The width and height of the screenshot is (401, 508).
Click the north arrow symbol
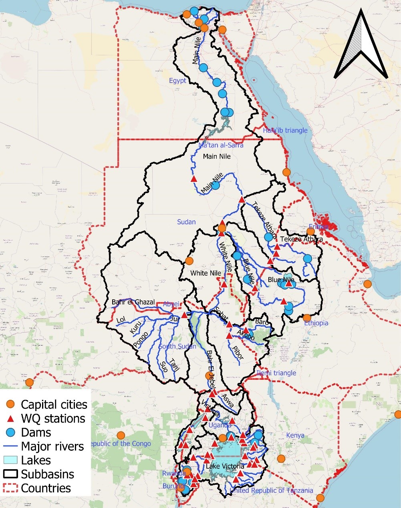tap(361, 46)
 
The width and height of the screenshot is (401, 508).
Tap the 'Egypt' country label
tap(177, 81)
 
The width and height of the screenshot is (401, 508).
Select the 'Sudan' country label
tap(186, 222)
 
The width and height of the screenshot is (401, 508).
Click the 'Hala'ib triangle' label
tap(285, 130)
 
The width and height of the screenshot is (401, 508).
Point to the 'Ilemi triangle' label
tap(276, 373)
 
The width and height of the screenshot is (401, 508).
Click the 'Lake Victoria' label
tap(225, 466)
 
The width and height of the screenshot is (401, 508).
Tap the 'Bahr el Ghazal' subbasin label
tap(133, 302)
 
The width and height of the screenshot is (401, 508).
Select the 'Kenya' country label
tap(295, 435)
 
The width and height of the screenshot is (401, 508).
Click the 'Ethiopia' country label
tap(316, 323)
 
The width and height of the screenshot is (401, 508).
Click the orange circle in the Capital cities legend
tap(12, 404)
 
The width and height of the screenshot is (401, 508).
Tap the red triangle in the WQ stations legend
tap(12, 419)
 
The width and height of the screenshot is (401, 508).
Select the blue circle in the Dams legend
tap(12, 432)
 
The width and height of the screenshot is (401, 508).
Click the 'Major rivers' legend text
tap(52, 446)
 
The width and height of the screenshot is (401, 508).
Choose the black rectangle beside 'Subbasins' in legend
tap(12, 474)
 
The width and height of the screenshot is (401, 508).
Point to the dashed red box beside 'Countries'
tap(12, 488)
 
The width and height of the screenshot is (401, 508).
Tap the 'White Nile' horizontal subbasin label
tap(206, 273)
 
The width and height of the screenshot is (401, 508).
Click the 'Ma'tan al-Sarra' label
tap(221, 145)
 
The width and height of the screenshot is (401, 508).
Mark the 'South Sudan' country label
tap(177, 346)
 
